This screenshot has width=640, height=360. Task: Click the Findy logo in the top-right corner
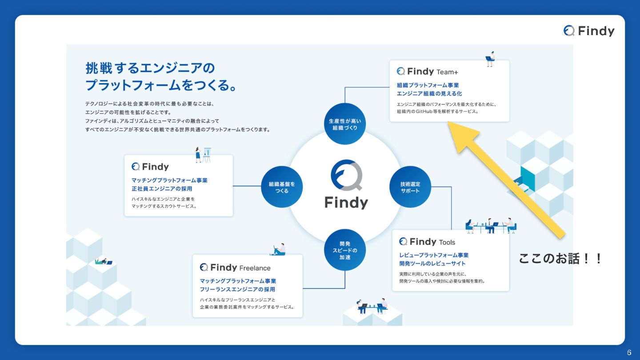coord(589,31)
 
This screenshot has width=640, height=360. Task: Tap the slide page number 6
coord(629,353)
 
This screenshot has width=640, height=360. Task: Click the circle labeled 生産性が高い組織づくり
coord(344,124)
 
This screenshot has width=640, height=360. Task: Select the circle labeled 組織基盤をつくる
coord(282,187)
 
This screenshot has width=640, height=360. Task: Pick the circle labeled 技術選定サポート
coord(410,187)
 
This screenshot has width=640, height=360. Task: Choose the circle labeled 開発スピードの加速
coord(345,250)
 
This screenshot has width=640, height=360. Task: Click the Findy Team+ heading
coord(427,71)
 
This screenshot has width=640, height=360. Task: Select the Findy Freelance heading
coord(235,268)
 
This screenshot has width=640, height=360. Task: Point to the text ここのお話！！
coord(560,258)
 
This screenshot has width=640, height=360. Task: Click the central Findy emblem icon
coord(346,176)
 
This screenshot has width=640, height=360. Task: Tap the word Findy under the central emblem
coord(346,203)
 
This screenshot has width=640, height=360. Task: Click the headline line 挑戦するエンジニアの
coord(150,68)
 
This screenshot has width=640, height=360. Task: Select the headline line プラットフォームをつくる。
coord(160,84)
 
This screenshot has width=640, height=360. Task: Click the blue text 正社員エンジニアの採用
coord(162,189)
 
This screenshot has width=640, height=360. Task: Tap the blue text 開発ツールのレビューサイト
coord(432,264)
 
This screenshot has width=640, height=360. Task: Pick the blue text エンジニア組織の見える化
coord(429,93)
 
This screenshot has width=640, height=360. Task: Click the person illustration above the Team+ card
coord(490,59)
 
